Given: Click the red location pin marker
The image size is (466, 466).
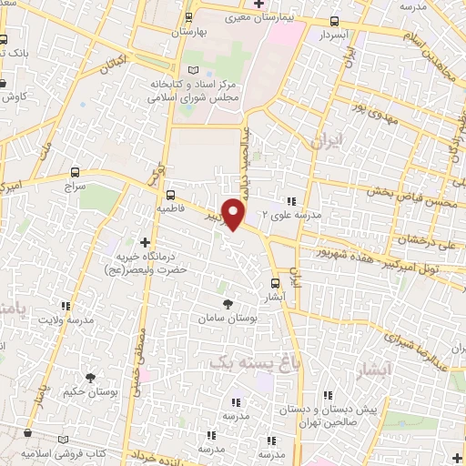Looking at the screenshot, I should (x=235, y=214).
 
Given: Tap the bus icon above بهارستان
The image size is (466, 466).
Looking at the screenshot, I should (x=189, y=17).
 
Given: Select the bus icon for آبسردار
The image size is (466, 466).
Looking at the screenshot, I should (x=335, y=21).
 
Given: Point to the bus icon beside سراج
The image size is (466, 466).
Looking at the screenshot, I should (x=74, y=171).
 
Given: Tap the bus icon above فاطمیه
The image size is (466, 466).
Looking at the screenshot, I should (x=169, y=194).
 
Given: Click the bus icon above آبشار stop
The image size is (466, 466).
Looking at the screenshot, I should (x=275, y=284).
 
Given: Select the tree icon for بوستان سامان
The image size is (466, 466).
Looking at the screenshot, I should (x=227, y=304).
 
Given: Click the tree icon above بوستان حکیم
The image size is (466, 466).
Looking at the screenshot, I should (x=91, y=377).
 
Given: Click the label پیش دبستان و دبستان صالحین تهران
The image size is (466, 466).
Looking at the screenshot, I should (x=341, y=416).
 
